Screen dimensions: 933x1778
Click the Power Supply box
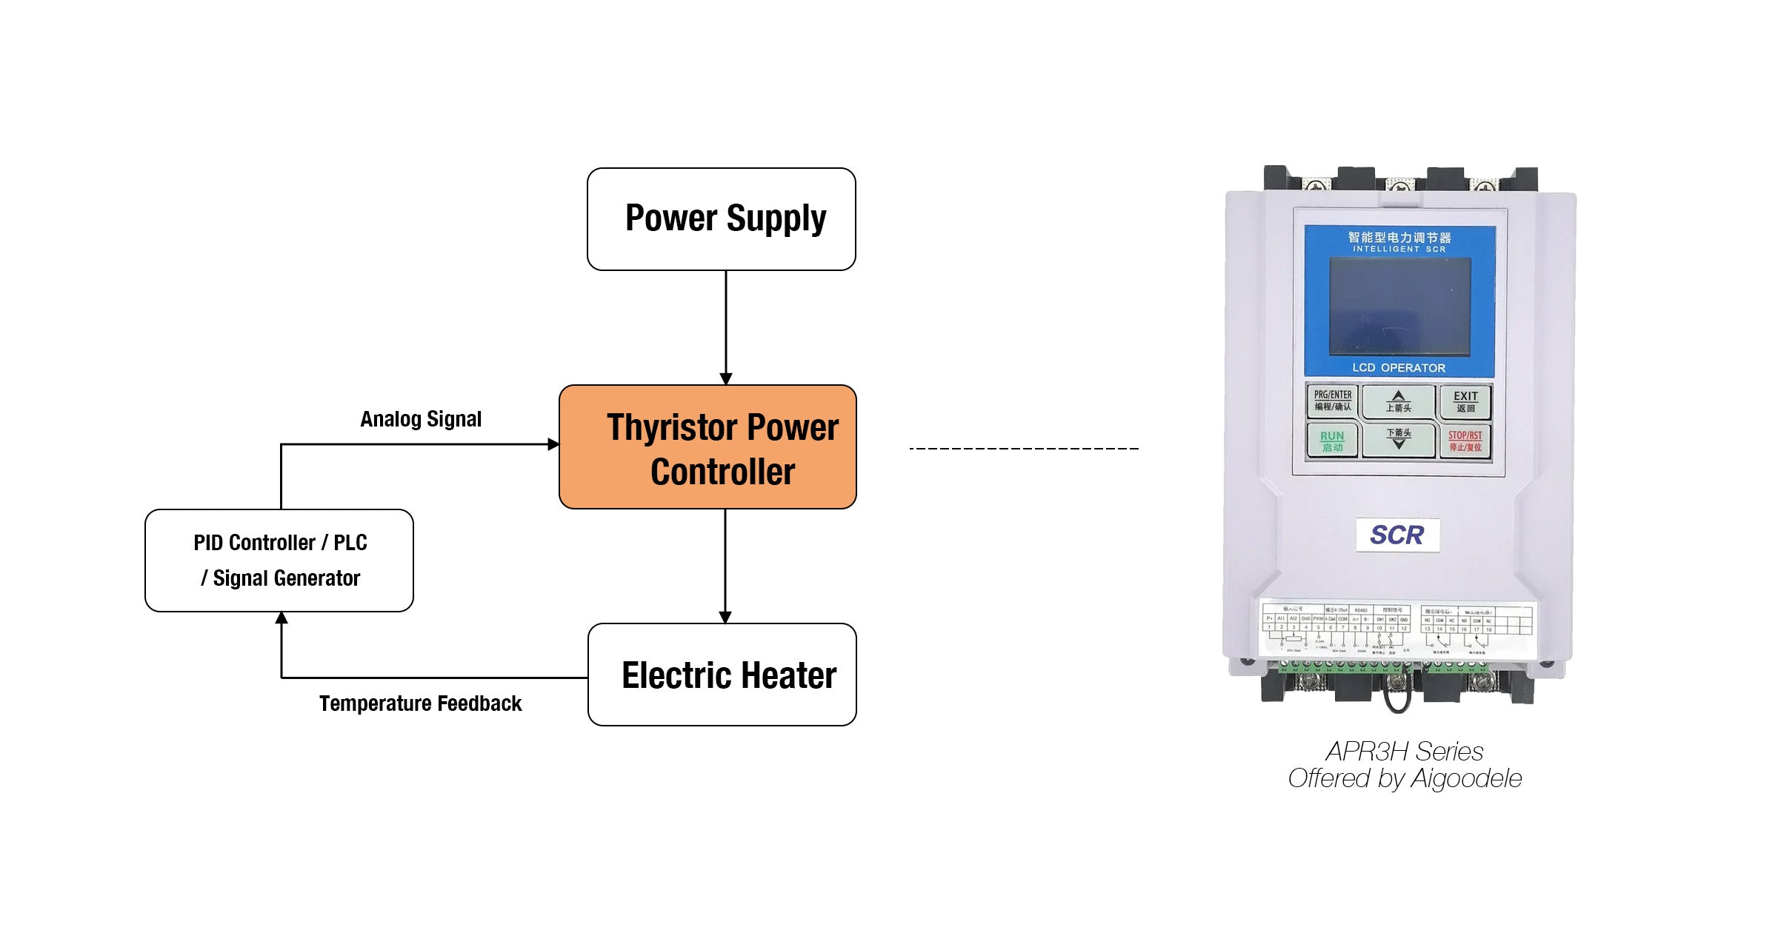coord(722,219)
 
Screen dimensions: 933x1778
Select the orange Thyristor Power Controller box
coord(707,447)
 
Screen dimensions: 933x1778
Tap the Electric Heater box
coord(722,675)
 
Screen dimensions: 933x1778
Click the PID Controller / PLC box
coord(279,561)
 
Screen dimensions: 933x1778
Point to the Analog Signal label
coord(421,419)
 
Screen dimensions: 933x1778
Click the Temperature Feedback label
coord(420,703)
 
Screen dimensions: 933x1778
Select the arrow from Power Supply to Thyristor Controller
coord(726,326)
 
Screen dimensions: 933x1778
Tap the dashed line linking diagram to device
coord(1024,449)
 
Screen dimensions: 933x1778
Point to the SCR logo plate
coord(1397,535)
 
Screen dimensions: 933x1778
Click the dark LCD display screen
coord(1399,307)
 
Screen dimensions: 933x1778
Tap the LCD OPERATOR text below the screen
coord(1399,368)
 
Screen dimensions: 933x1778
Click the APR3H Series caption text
coord(1405,752)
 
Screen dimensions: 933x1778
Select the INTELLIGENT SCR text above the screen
coord(1399,250)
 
